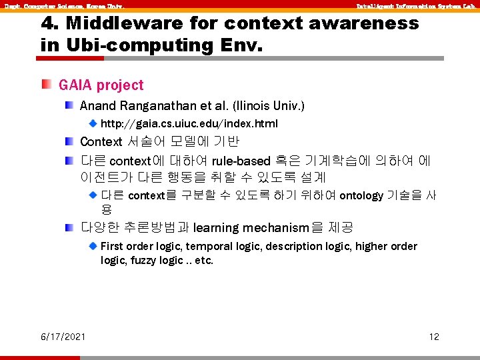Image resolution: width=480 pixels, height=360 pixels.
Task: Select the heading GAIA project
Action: point(101,85)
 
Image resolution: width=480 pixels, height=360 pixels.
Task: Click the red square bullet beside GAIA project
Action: point(45,85)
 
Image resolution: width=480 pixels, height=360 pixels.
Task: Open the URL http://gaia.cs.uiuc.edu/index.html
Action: point(189,123)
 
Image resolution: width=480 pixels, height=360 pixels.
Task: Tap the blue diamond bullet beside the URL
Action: point(93,123)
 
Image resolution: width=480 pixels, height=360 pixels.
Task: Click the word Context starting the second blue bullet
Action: point(101,142)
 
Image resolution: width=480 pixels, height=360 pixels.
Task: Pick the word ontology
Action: point(361,195)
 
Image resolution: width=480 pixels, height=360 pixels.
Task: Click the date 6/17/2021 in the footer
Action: point(63,337)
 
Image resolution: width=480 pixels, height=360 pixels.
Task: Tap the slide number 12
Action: point(434,337)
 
